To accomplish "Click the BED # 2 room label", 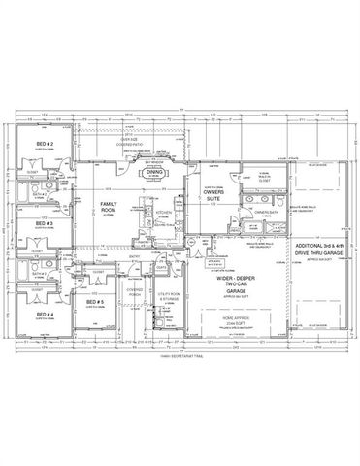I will pos(44,144).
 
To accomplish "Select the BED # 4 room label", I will pos(44,316).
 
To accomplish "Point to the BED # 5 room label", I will pos(95,303).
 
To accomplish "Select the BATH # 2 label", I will pos(42,193).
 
